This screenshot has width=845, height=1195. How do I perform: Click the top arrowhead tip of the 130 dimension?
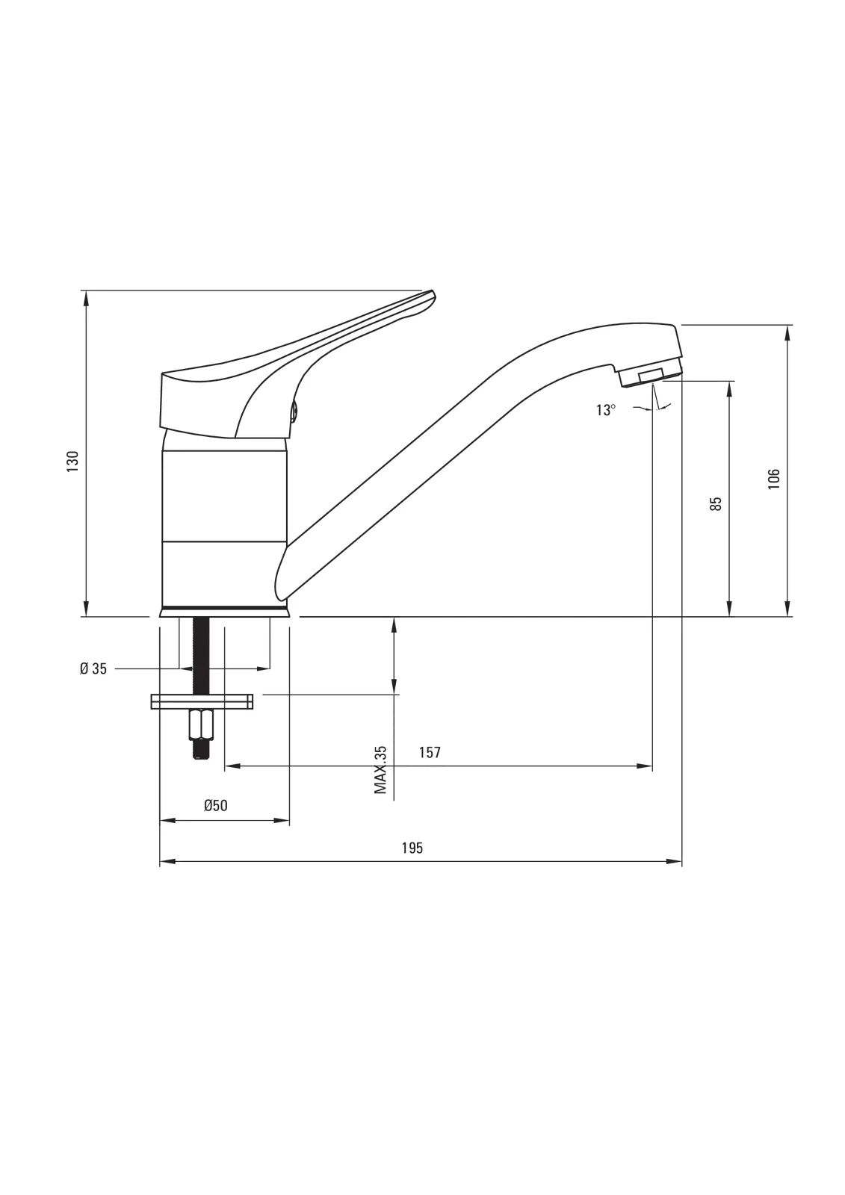86,291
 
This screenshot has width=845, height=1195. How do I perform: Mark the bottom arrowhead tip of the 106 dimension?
787,617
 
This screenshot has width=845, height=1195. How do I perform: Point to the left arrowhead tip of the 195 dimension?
160,861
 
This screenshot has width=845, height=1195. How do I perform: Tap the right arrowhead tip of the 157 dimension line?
652,766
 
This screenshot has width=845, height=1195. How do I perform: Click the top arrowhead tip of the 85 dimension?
729,381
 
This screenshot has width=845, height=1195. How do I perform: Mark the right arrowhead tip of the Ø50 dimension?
289,821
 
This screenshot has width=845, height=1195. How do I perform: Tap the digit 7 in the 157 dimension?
437,752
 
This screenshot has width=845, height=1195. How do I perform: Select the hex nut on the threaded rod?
201,724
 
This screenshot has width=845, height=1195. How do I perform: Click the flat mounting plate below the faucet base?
202,701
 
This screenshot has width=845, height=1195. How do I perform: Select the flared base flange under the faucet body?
225,612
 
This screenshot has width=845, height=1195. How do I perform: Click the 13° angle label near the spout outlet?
606,410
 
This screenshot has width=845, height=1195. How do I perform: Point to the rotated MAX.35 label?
380,770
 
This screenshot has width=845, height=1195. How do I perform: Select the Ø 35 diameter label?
93,668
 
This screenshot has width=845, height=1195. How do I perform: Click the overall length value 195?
412,848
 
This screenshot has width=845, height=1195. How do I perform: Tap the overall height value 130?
72,462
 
